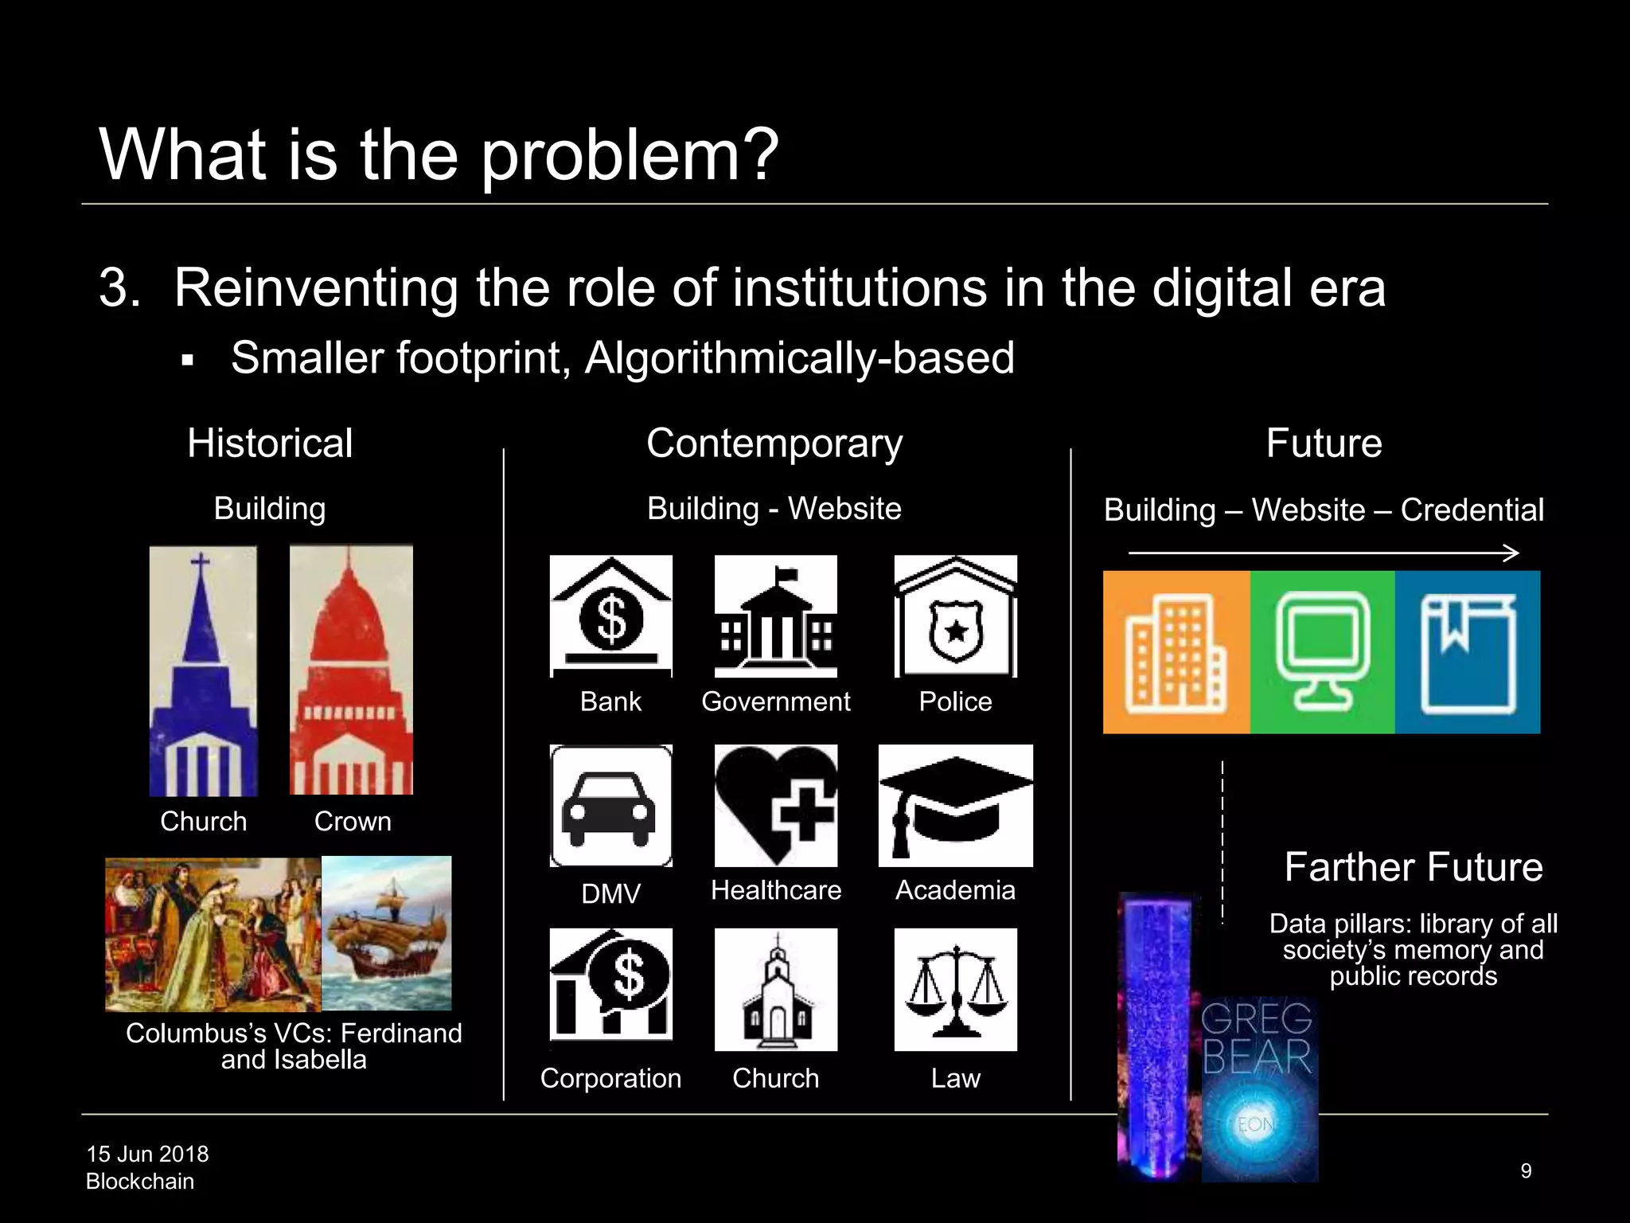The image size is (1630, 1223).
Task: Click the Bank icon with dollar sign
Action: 610,616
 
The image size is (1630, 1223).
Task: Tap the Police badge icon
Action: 955,616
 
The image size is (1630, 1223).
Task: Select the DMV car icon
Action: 610,806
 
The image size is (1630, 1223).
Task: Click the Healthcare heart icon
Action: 776,806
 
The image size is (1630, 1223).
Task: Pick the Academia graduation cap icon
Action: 955,806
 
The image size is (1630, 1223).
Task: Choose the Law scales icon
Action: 955,990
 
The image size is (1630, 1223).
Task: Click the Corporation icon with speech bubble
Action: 610,985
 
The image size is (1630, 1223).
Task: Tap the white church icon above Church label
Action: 776,990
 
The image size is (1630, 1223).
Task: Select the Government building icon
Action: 776,616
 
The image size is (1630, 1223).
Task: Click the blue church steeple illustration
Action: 203,670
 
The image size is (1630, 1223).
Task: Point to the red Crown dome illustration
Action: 351,669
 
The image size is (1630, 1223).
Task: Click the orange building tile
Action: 1176,652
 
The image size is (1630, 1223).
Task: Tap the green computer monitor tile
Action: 1323,652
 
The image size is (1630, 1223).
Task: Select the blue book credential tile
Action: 1468,652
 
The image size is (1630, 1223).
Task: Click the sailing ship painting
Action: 387,933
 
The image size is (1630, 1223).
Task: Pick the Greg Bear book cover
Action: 1259,1088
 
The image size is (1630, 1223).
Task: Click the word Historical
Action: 270,443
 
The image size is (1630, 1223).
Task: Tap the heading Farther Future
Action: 1414,866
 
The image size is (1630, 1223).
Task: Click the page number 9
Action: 1526,1170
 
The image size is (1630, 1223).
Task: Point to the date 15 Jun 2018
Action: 147,1154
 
